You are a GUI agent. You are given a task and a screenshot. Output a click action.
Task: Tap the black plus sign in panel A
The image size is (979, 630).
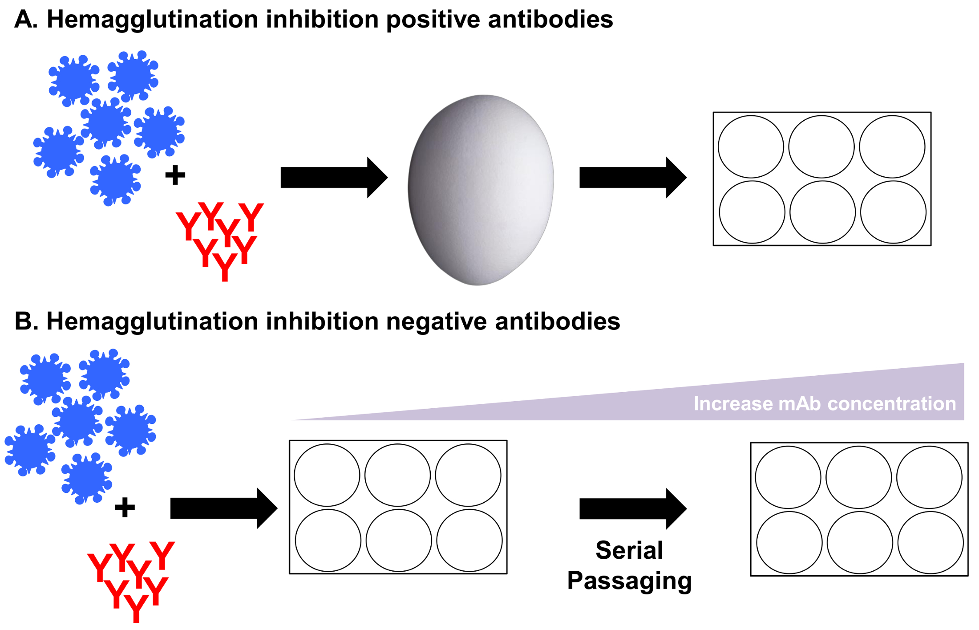(175, 175)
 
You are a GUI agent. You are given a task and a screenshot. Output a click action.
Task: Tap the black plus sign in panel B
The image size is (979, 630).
(125, 507)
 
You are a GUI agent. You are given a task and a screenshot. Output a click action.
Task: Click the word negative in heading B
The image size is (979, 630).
(437, 321)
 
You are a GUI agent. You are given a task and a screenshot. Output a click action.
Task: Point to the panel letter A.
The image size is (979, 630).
(24, 20)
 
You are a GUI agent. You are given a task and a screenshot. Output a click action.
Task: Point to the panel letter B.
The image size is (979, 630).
(24, 321)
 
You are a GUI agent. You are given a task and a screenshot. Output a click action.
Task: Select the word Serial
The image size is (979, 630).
(629, 550)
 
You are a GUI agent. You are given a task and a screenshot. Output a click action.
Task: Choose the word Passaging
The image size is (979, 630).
(629, 581)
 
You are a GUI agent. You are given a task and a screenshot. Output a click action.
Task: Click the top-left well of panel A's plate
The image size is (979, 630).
(751, 146)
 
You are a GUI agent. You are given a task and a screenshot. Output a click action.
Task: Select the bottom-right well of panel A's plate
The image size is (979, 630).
(893, 212)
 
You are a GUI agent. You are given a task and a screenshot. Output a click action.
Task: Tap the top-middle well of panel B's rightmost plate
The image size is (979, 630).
(858, 477)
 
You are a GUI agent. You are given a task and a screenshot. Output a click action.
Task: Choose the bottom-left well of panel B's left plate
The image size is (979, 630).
(328, 540)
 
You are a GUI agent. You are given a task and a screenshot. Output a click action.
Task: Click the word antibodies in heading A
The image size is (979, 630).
(550, 20)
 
